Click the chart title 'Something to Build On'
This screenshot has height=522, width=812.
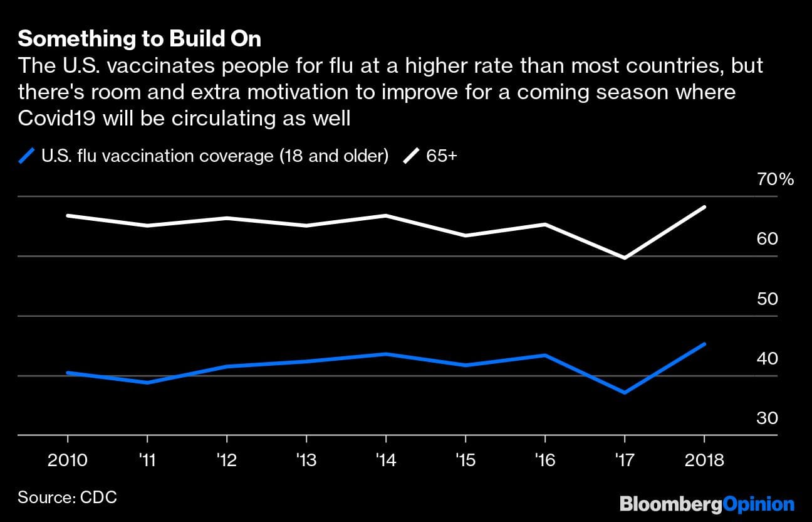click(139, 40)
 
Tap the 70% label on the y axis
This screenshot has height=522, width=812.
click(775, 180)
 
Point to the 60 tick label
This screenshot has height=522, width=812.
click(768, 239)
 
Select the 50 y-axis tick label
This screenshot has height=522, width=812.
click(768, 299)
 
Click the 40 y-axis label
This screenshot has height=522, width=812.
click(768, 359)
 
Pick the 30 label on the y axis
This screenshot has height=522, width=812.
click(768, 418)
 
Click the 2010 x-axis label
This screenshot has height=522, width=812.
click(68, 461)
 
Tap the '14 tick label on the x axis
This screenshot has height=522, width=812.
click(385, 461)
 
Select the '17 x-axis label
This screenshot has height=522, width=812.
click(624, 461)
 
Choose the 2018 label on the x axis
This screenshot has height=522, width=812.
click(703, 461)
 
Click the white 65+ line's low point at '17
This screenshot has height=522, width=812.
click(625, 258)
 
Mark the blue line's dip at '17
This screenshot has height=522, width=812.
click(625, 393)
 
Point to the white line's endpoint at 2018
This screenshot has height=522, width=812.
click(705, 207)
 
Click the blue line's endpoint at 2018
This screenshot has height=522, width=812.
click(705, 344)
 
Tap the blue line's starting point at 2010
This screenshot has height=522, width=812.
click(68, 373)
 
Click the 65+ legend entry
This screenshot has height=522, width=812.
click(441, 156)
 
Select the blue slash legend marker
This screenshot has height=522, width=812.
click(27, 156)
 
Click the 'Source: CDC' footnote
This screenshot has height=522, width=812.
click(67, 498)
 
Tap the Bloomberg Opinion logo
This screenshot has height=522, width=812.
click(707, 504)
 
